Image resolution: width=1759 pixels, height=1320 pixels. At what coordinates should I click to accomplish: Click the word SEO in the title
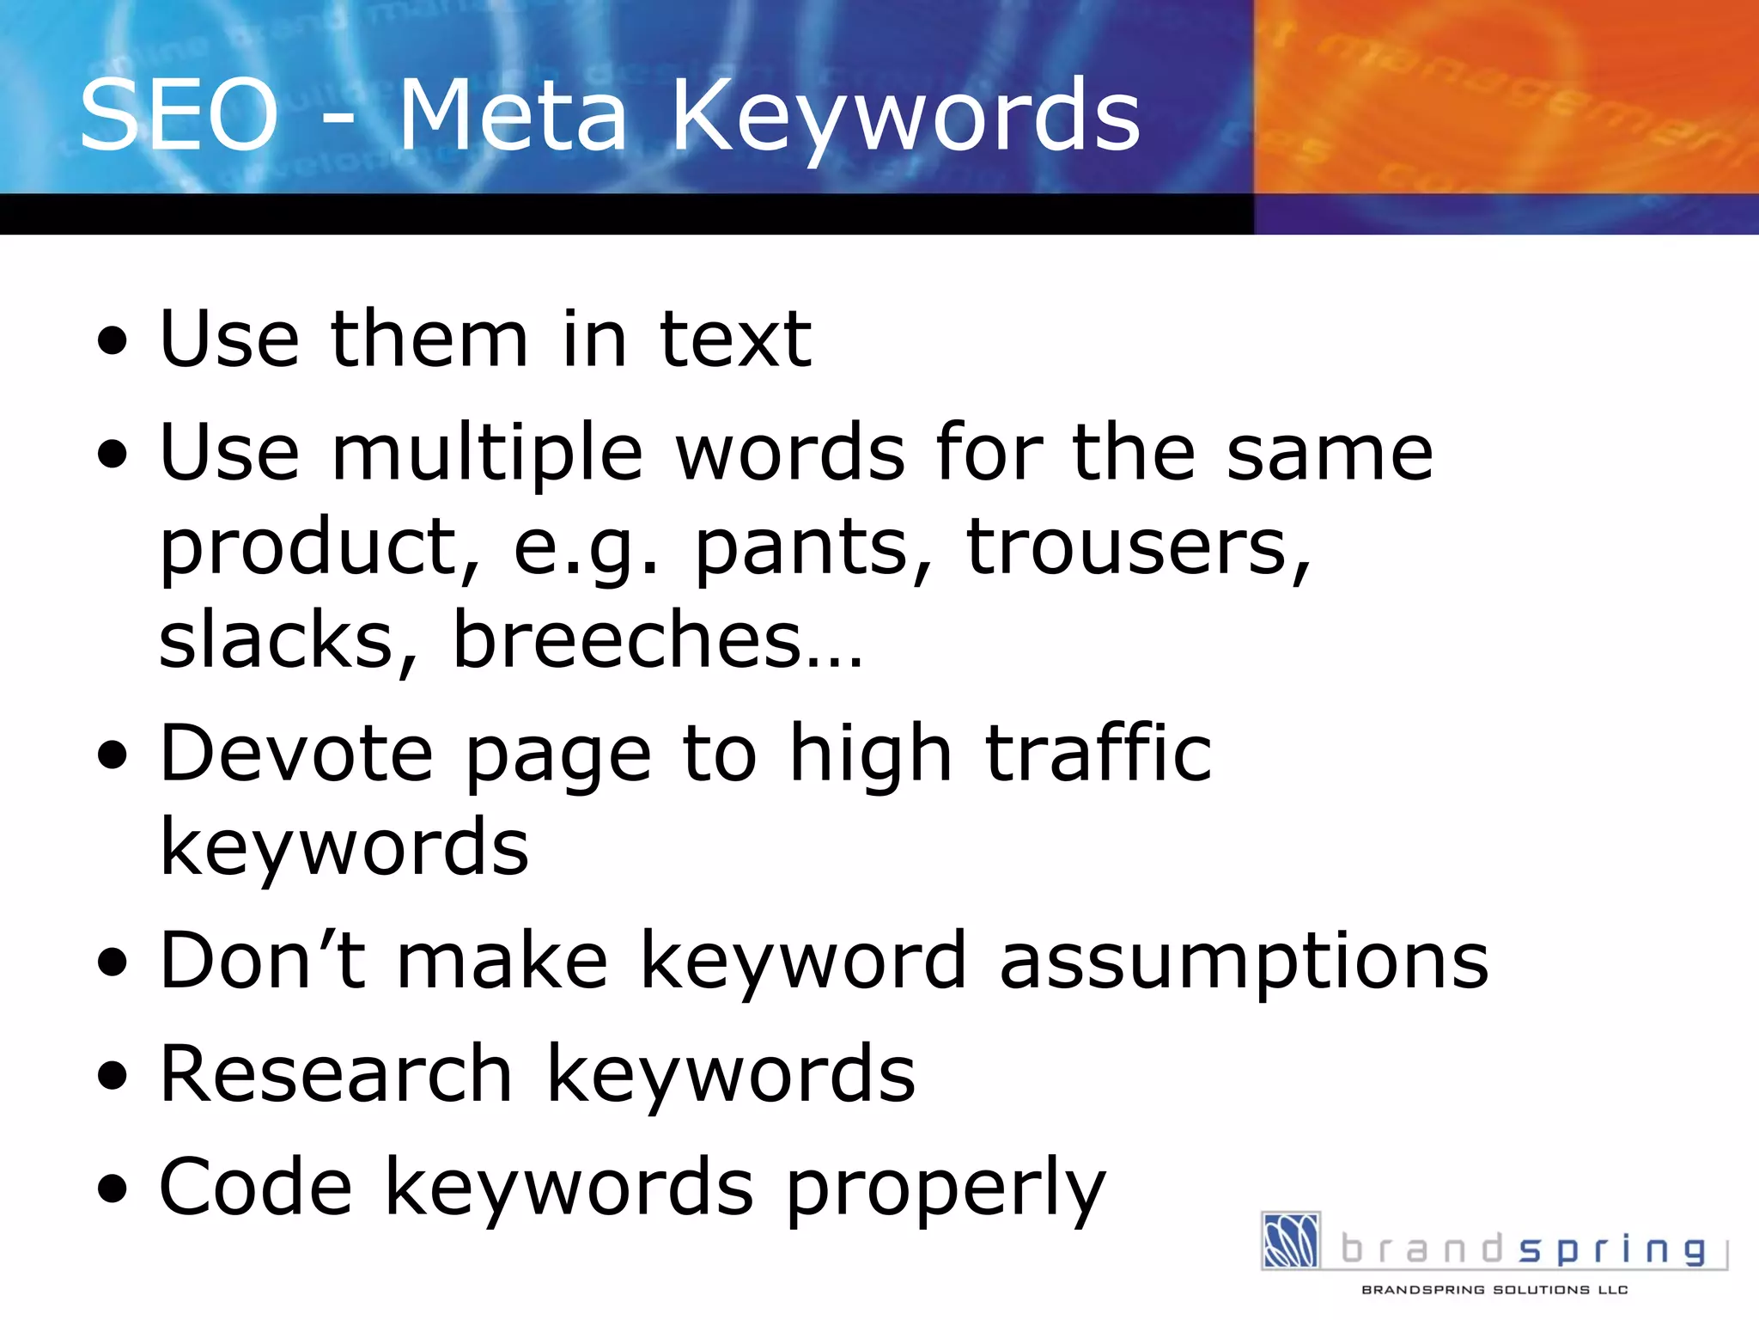click(179, 115)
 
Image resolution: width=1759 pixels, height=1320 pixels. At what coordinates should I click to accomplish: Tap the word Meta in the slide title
click(513, 115)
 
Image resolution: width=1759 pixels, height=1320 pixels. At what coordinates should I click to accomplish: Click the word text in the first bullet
click(734, 339)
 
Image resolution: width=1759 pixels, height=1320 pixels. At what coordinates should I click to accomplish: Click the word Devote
click(296, 754)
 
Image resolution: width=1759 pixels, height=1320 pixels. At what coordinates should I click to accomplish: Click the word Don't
click(262, 960)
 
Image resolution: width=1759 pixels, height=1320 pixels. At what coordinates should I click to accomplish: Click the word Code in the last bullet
click(255, 1187)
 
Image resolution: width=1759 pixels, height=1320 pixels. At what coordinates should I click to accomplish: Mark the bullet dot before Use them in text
click(112, 341)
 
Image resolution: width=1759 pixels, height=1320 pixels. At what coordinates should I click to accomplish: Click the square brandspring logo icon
click(1290, 1240)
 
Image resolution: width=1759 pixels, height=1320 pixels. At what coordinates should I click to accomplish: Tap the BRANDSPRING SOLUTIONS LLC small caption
click(1494, 1290)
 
